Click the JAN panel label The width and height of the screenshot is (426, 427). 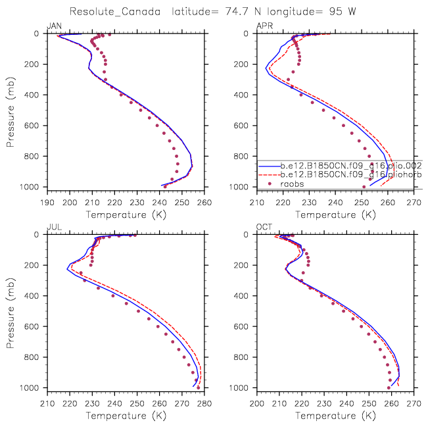click(54, 26)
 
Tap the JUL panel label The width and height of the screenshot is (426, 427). click(53, 227)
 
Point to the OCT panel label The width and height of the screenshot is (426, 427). click(264, 227)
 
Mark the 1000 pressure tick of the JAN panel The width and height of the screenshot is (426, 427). click(34, 188)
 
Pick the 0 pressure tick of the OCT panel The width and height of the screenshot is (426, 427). click(250, 235)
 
